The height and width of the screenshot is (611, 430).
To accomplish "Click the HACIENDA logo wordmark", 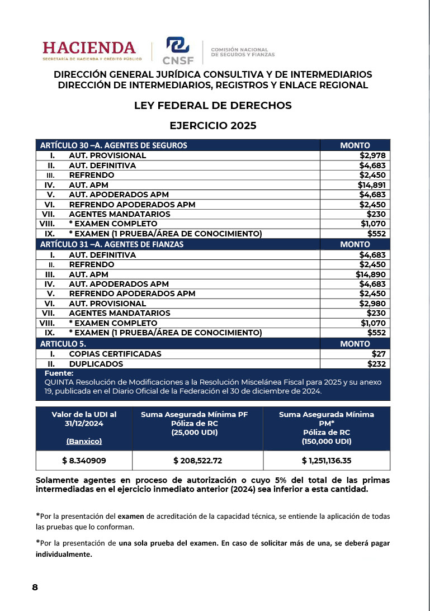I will (89, 48).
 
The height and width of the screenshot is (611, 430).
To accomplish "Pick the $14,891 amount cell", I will (371, 184).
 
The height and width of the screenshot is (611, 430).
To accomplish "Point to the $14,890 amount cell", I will (371, 274).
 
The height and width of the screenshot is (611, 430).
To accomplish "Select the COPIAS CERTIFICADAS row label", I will (115, 354).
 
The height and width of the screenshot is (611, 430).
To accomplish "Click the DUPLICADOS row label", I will (96, 363).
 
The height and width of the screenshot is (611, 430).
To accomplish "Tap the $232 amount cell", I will (376, 363).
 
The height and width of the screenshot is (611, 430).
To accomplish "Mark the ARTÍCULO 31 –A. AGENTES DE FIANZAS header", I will (112, 244).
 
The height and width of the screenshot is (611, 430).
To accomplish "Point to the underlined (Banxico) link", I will (84, 441).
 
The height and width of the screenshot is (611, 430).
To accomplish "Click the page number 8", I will (35, 587).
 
